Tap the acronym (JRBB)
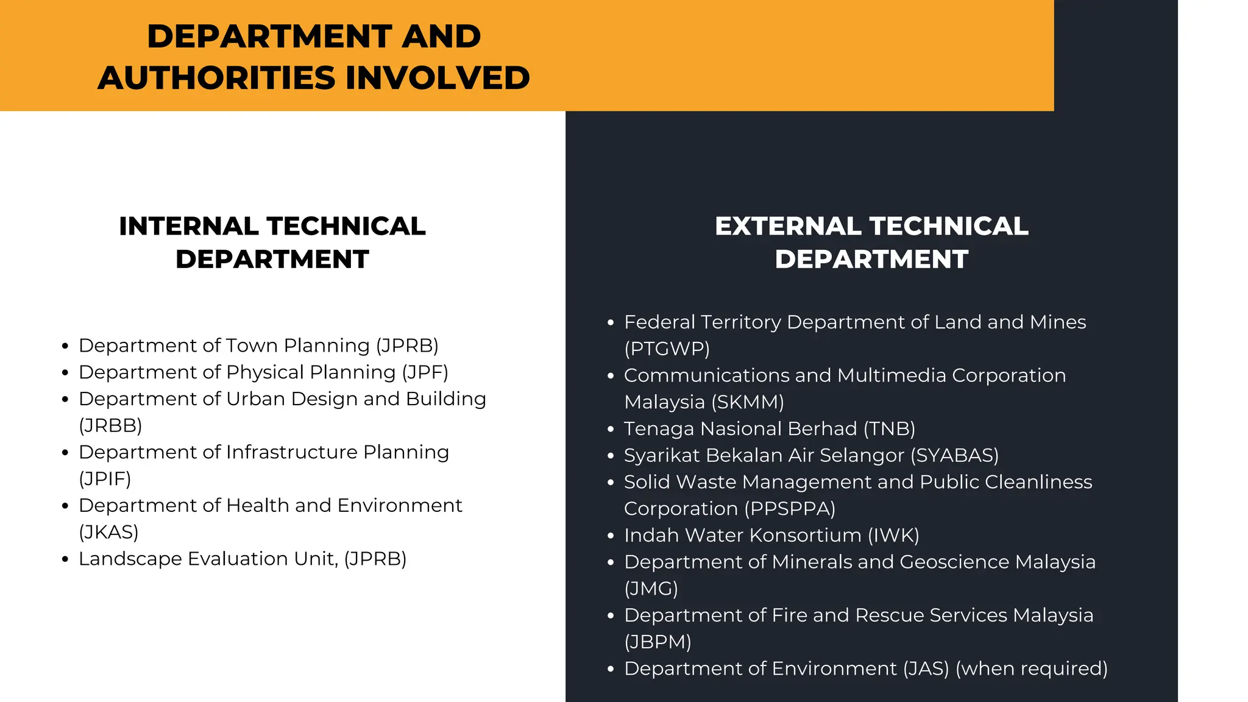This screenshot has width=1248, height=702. pos(110,425)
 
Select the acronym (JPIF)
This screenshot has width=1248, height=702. pos(105,479)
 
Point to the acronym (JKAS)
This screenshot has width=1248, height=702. pos(108,532)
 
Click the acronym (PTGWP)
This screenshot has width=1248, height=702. pos(667,349)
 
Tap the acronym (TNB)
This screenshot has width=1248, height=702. pos(889,429)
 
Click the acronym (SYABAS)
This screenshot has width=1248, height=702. pos(954,455)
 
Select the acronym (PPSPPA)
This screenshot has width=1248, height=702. pos(790,509)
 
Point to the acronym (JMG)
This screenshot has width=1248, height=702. pos(651,589)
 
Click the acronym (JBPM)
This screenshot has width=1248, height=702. pos(658,642)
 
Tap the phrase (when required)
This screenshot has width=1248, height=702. pos(1031,668)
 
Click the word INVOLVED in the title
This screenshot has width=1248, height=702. pos(438,78)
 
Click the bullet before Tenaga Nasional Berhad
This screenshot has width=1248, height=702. pos(611,430)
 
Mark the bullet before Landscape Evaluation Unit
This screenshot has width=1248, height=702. pos(65,559)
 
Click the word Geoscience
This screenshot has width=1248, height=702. pos(954,562)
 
